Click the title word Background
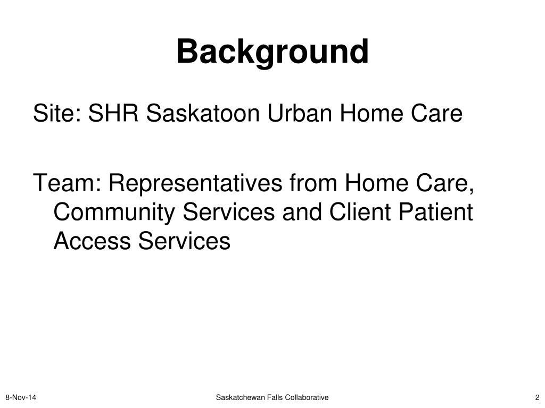(x=272, y=52)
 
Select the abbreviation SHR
(x=113, y=113)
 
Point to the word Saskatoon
(x=203, y=113)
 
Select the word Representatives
(x=195, y=183)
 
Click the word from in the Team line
(x=313, y=183)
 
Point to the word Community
(x=114, y=212)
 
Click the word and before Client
(x=302, y=211)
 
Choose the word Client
(x=360, y=211)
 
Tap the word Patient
(x=436, y=211)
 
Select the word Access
(x=92, y=241)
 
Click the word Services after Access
(x=184, y=241)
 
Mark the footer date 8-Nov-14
(x=21, y=397)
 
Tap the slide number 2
(x=538, y=397)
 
